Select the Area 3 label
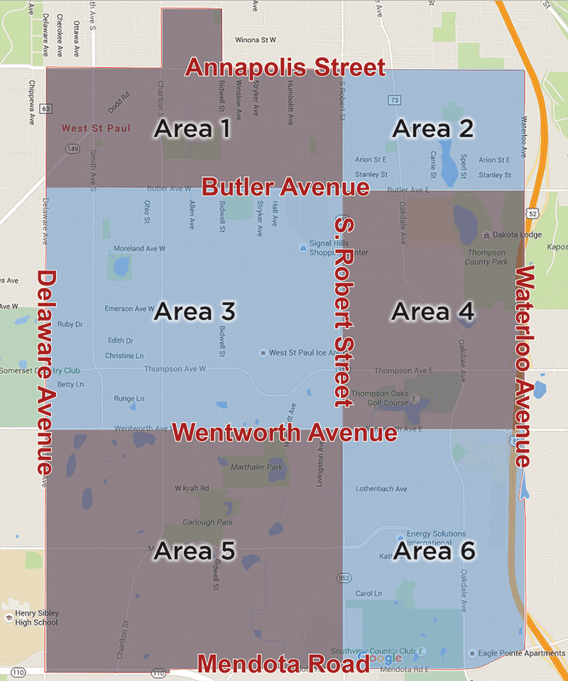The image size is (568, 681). click(194, 311)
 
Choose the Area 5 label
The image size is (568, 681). click(194, 550)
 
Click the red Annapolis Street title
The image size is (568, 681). click(285, 68)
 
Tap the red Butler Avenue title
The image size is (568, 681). click(285, 187)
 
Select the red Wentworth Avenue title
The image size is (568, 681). click(284, 432)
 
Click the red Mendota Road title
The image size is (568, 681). click(283, 664)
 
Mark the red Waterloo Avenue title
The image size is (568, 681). click(526, 366)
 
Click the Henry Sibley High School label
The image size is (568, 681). click(31, 617)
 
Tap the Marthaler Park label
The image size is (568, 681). click(256, 467)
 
